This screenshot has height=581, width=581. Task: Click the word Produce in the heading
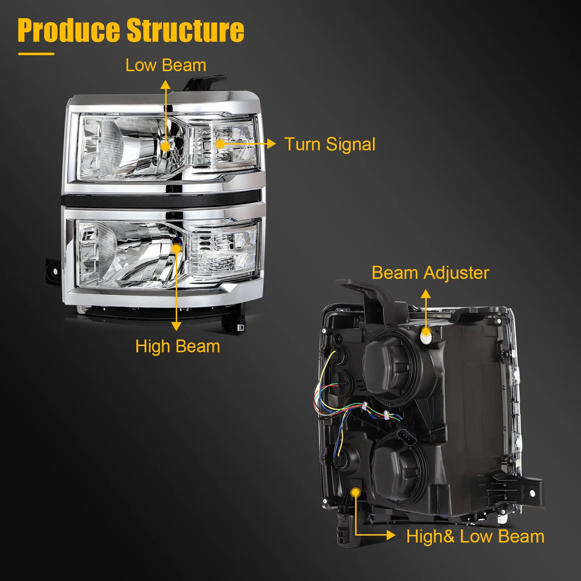coord(69,30)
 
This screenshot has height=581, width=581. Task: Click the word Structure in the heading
coord(185,30)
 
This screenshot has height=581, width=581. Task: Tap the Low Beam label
coord(166,65)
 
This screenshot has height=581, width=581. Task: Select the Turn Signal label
coord(330,144)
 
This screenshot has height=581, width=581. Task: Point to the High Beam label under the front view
coord(178,346)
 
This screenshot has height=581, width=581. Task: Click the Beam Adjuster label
coord(430,273)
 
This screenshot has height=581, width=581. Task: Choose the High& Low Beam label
coord(475,536)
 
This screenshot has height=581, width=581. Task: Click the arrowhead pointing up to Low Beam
coord(166,85)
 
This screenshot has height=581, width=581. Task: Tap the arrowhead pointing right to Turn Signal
coord(271,144)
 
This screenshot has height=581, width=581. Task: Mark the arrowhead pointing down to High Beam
coord(176,326)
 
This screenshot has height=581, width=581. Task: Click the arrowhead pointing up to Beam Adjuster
coord(426,294)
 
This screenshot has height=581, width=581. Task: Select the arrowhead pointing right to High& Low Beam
coord(391,535)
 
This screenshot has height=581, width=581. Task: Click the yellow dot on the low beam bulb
coord(165,146)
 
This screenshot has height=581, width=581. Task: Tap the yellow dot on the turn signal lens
coord(220,144)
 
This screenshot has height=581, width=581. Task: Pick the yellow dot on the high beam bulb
coord(176,248)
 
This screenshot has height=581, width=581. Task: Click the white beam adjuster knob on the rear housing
coord(426,336)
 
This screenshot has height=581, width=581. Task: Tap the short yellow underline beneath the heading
coord(36,54)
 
